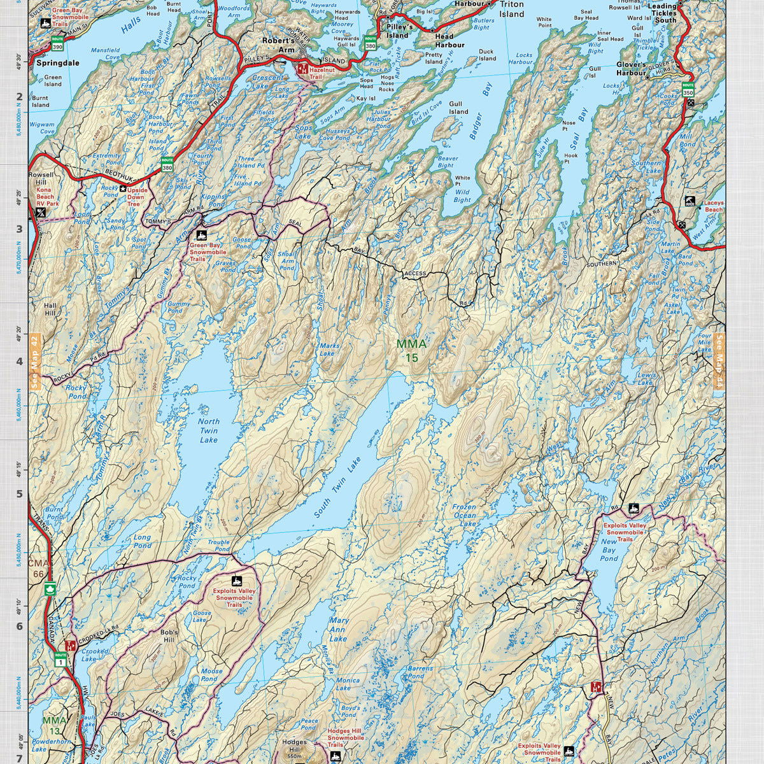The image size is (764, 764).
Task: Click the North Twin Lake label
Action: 208,430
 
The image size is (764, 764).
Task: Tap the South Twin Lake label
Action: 337,487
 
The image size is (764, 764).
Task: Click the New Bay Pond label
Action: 609,550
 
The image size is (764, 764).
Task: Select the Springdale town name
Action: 57,64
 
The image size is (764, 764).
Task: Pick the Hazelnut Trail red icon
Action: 302,67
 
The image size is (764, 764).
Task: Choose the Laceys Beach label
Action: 714,206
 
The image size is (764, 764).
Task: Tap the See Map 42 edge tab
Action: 35,362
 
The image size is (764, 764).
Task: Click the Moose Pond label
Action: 211,675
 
